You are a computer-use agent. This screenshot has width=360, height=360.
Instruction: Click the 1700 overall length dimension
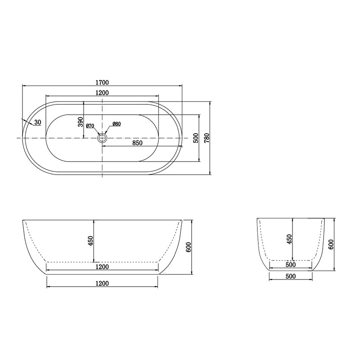point(102,82)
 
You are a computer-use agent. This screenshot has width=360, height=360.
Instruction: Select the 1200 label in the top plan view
point(102,92)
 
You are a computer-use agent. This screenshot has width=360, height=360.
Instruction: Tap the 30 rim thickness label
point(37,122)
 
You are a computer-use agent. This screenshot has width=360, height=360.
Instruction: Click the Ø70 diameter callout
point(90,126)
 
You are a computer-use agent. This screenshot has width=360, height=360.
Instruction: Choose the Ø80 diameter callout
point(116,124)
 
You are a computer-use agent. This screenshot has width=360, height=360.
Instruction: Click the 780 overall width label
point(207,138)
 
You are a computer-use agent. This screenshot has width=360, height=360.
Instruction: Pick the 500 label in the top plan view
point(195,138)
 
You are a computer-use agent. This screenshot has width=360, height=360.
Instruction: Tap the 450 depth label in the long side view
point(90,241)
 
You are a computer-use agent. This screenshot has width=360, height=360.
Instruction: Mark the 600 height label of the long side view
point(189,247)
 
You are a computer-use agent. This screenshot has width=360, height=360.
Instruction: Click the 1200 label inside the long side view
point(102,267)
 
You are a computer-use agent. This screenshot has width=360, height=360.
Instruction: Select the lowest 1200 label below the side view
point(102,283)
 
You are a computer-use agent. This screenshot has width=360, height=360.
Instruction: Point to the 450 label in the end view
point(289,239)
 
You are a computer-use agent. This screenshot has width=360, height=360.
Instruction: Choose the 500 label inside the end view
point(290,265)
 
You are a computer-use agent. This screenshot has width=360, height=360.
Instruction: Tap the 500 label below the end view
point(290,276)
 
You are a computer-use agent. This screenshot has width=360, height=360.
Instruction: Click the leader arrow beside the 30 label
point(26,121)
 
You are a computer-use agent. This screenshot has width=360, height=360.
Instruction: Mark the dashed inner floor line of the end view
point(290,260)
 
